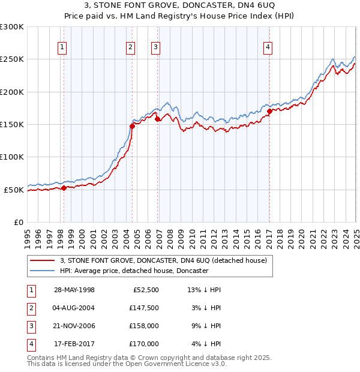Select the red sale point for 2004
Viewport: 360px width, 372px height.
tap(132, 125)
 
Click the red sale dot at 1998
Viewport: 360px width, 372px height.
tap(64, 188)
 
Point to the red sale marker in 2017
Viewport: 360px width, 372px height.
tap(269, 111)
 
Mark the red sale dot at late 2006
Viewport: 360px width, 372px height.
tap(157, 119)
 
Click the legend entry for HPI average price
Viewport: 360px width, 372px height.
tap(134, 271)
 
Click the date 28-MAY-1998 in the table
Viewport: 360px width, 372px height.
tap(74, 290)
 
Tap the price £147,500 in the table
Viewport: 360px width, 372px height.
tap(144, 308)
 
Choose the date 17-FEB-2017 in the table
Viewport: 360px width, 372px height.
tap(74, 344)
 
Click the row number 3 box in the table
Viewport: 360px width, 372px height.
tap(30, 326)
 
